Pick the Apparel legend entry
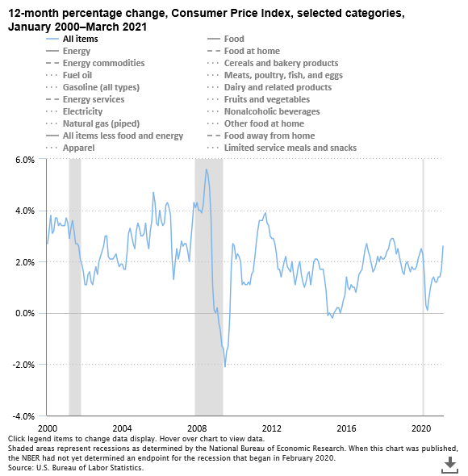tap(78, 148)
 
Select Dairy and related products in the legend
tap(278, 87)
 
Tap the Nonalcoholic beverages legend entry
tap(272, 111)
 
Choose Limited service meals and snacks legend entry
tap(290, 148)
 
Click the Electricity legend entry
tap(82, 111)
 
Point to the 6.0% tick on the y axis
tap(25, 160)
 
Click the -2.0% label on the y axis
tap(23, 365)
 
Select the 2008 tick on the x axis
tap(197, 427)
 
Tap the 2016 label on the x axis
tap(347, 427)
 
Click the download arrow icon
tap(449, 462)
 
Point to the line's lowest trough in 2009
tap(225, 366)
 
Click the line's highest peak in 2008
tap(206, 169)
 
